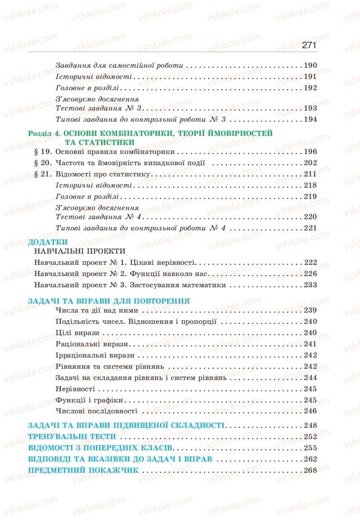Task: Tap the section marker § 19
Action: (x=44, y=152)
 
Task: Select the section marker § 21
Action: (x=44, y=174)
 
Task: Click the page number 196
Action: (x=310, y=152)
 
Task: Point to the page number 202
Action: (x=310, y=163)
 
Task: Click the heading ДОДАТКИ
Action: (x=47, y=241)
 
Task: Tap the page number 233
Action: (x=310, y=285)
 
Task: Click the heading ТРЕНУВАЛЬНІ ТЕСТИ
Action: (x=72, y=436)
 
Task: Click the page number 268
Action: (x=310, y=470)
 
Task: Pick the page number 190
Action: (x=310, y=65)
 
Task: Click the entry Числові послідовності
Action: (x=96, y=411)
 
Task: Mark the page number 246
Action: (x=310, y=411)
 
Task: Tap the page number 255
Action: (x=310, y=448)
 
